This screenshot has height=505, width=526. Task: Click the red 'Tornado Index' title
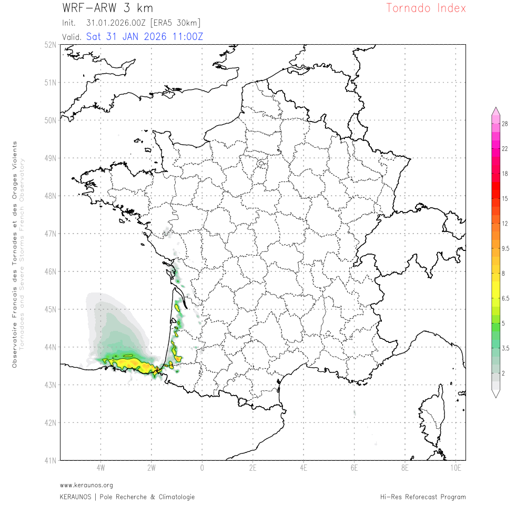coord(426,8)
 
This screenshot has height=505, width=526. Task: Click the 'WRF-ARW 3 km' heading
coord(107,8)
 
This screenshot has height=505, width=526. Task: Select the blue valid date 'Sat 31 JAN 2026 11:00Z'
coord(145,37)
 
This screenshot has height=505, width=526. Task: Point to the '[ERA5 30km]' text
coord(175,23)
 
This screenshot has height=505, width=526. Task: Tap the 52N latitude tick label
coord(50,45)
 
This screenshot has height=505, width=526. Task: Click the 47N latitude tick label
coord(50,234)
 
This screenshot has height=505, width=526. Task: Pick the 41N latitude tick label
coord(50,461)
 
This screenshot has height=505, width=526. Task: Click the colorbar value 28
coord(504,124)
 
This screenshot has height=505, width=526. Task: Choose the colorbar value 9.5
coord(505,249)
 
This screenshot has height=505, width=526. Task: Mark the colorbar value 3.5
coord(505,348)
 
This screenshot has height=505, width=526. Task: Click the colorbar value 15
coord(504,199)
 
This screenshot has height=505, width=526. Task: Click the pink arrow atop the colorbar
coord(495,110)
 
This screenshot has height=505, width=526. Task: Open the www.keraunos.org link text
coord(86,485)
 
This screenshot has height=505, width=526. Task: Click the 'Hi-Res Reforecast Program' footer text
coord(423,497)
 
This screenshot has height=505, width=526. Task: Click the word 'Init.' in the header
coord(69,23)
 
